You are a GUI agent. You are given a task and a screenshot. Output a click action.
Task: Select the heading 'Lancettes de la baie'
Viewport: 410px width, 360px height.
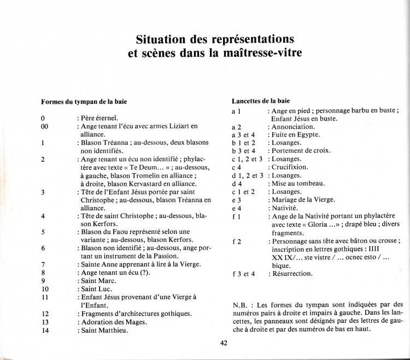click(259, 101)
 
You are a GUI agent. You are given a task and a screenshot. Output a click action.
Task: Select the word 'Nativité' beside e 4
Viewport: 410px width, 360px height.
click(285, 208)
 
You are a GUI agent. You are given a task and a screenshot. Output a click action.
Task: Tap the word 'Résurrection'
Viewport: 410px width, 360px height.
click(292, 274)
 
